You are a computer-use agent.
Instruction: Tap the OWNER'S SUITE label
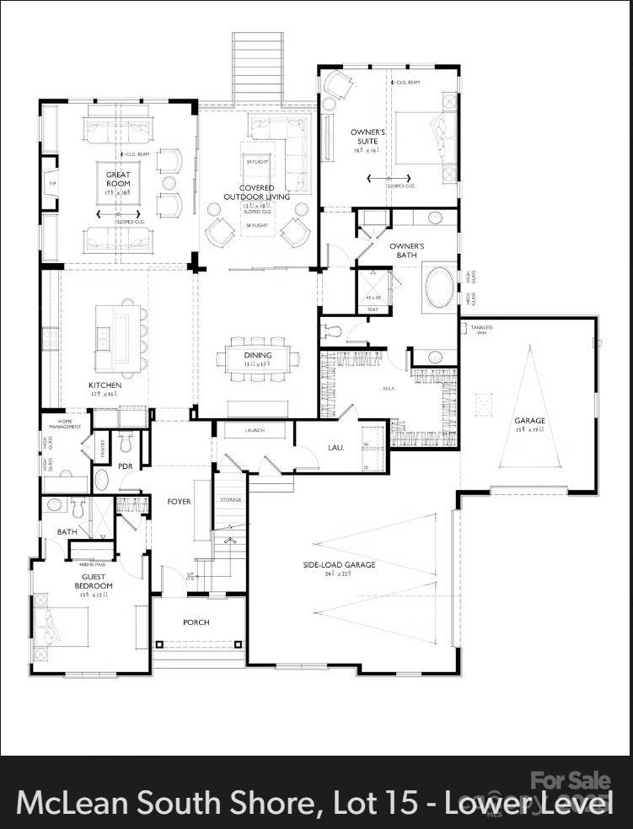[x=368, y=137]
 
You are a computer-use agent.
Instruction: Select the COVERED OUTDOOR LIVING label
[x=257, y=192]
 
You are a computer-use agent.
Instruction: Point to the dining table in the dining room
[x=257, y=356]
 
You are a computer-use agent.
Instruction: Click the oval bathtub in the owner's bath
[x=439, y=288]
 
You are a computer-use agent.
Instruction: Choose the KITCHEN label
[x=105, y=385]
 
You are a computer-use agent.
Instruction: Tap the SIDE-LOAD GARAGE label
[x=339, y=565]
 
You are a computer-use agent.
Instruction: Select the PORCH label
[x=196, y=622]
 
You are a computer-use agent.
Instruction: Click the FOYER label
[x=179, y=502]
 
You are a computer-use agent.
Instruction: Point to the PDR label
[x=126, y=466]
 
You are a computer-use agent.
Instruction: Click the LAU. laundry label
[x=335, y=447]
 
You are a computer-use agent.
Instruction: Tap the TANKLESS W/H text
[x=481, y=330]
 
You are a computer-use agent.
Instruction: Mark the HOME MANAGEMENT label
[x=70, y=423]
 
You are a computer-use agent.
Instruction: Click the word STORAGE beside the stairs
[x=231, y=500]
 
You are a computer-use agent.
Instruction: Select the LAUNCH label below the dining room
[x=255, y=430]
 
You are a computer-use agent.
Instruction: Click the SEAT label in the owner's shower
[x=373, y=310]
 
